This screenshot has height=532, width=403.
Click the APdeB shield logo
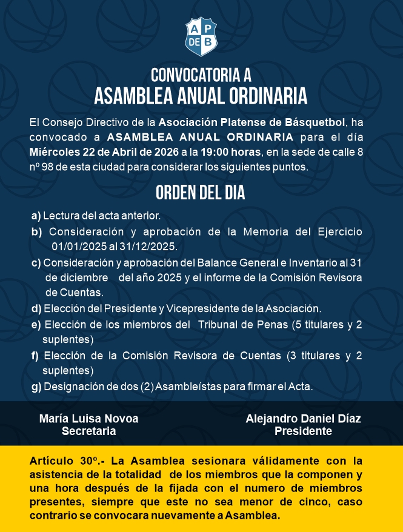tap(201, 36)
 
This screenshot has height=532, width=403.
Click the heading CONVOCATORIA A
tap(201, 75)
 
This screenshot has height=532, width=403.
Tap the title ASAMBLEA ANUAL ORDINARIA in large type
tap(201, 96)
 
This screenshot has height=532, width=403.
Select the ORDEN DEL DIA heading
tap(201, 193)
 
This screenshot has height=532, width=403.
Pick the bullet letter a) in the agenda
tap(36, 216)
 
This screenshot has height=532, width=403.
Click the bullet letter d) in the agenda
tap(36, 308)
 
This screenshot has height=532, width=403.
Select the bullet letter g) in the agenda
tap(36, 386)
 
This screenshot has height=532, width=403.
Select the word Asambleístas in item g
tap(182, 386)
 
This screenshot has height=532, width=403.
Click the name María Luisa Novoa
tap(88, 419)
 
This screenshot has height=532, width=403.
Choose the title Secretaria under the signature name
tap(88, 431)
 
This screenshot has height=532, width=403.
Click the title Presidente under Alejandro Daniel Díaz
tap(303, 431)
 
